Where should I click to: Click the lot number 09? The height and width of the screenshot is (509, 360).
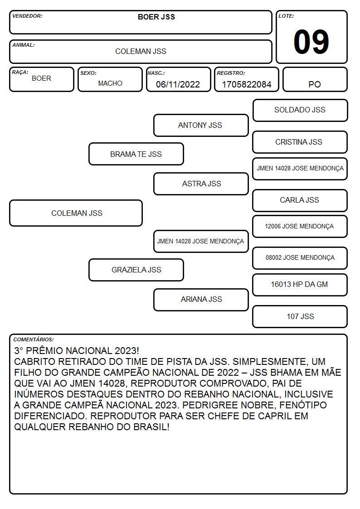(x=311, y=42)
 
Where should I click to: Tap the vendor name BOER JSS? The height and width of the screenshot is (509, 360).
(x=156, y=17)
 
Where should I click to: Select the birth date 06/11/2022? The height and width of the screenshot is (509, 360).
(x=178, y=84)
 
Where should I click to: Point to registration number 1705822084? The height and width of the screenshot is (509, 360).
(x=246, y=84)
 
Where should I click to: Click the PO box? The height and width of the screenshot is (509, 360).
(x=315, y=79)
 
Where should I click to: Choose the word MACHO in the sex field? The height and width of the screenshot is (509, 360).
(x=110, y=83)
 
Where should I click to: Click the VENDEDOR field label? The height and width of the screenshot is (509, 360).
(x=27, y=16)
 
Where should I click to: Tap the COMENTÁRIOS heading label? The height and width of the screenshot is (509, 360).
(x=34, y=339)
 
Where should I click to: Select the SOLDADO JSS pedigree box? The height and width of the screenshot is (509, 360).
(x=300, y=111)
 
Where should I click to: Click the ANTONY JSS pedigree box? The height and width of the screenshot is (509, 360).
(x=201, y=125)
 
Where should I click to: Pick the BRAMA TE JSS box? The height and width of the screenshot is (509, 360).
(x=136, y=154)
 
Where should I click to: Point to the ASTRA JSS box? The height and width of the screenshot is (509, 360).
(x=201, y=184)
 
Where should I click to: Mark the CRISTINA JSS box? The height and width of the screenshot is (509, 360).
(x=300, y=142)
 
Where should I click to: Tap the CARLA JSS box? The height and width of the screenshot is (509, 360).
(x=300, y=201)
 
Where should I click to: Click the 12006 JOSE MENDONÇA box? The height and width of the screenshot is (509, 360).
(x=300, y=227)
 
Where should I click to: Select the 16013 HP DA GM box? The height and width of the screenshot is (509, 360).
(x=300, y=285)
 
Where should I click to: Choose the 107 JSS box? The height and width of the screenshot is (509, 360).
(x=300, y=316)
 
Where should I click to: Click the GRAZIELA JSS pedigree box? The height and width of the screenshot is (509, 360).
(x=136, y=270)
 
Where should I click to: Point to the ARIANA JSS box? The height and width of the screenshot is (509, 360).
(x=201, y=300)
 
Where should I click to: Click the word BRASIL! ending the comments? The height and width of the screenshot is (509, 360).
(x=151, y=427)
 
